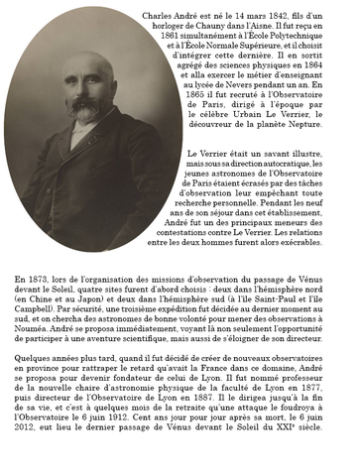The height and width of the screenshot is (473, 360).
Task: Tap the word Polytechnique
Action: [x=315, y=41]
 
